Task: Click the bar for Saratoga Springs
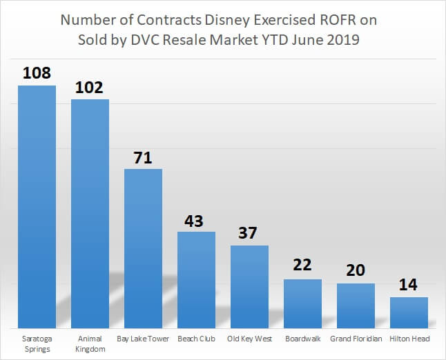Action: pyautogui.click(x=37, y=206)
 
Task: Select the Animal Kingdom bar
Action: pyautogui.click(x=90, y=213)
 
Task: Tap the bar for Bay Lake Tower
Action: pyautogui.click(x=143, y=248)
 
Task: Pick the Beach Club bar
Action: pyautogui.click(x=196, y=279)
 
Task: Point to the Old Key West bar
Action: pyautogui.click(x=249, y=286)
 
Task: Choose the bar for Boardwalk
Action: pyautogui.click(x=302, y=303)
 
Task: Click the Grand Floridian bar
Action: pyautogui.click(x=356, y=306)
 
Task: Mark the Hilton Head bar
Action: pyautogui.click(x=409, y=312)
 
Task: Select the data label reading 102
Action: pyautogui.click(x=90, y=88)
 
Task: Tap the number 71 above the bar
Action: pyautogui.click(x=143, y=157)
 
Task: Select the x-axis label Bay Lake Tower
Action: pyautogui.click(x=143, y=339)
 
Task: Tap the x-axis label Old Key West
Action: pyautogui.click(x=249, y=339)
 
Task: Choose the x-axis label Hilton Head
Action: pyautogui.click(x=409, y=339)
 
